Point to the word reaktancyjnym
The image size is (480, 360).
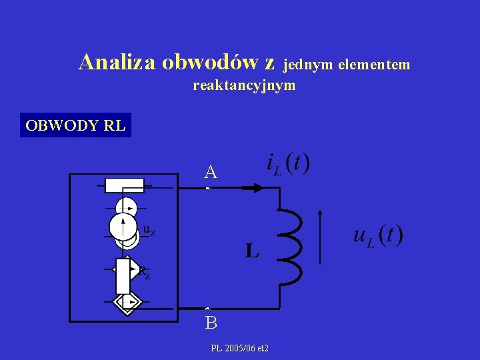coord(244,85)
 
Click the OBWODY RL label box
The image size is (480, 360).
coord(75,125)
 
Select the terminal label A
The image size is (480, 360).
coord(211,173)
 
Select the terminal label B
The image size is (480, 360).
coord(211,323)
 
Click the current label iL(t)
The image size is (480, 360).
coord(287,164)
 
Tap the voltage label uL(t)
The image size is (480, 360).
coord(377,235)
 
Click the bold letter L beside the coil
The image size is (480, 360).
coord(251,251)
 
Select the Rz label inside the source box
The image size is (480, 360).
coord(143,272)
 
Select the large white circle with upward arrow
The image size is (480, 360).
coord(123,225)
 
